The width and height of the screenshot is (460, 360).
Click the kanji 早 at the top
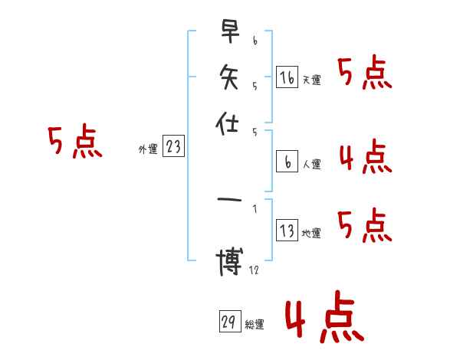coord(228,33)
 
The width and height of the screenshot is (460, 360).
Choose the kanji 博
coord(228,263)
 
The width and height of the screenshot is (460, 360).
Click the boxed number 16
coord(287,77)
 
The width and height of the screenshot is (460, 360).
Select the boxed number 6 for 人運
coord(287,162)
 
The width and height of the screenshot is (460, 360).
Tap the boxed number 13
coord(287,231)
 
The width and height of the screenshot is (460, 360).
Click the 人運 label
coord(311,164)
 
